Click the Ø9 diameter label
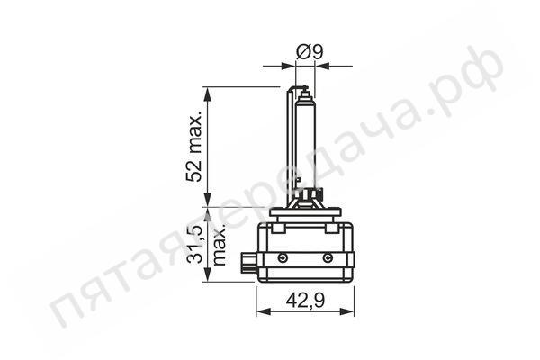point(310,52)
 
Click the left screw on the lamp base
point(283,258)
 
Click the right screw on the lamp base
point(327,258)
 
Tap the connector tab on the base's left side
point(248,264)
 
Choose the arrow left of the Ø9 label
point(289,66)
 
